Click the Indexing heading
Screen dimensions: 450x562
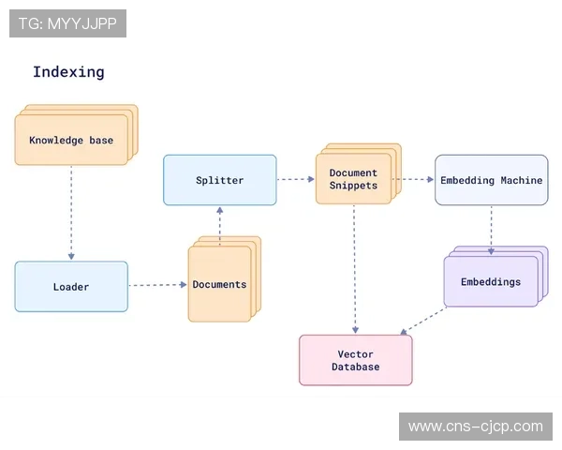tap(68, 72)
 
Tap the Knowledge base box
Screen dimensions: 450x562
tap(71, 141)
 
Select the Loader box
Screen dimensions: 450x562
tap(71, 287)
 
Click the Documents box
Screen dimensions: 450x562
tap(219, 284)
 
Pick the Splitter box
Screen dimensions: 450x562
tap(220, 180)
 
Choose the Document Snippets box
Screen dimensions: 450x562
tap(353, 179)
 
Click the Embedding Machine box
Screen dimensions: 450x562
tap(491, 180)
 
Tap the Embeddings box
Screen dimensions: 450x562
tap(491, 282)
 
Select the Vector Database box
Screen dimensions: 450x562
tap(356, 360)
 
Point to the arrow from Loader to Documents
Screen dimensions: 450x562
tap(157, 285)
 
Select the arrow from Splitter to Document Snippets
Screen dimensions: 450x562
tap(296, 179)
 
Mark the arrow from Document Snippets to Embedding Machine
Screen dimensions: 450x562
tap(413, 179)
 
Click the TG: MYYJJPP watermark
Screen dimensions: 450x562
tap(67, 23)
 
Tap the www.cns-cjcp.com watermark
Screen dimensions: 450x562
tap(475, 427)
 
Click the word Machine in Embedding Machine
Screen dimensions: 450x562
tap(521, 180)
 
